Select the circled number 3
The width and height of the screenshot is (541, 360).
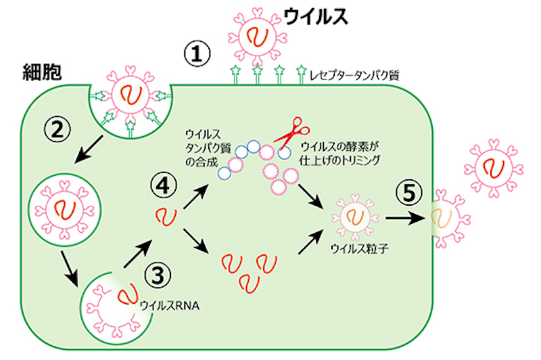(x=157, y=274)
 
